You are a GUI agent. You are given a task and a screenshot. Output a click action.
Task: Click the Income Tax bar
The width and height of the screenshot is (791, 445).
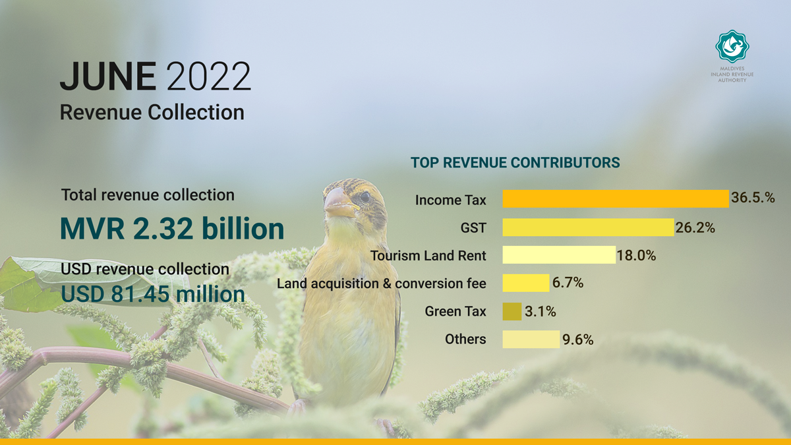click(x=616, y=198)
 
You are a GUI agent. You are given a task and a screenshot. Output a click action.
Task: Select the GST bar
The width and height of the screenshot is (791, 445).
click(x=588, y=227)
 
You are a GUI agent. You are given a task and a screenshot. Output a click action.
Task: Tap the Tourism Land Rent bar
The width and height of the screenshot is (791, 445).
click(x=559, y=254)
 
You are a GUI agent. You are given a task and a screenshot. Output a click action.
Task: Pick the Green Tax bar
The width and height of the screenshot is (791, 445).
click(x=512, y=311)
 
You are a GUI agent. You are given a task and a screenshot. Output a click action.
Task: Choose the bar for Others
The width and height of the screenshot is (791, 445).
click(x=531, y=339)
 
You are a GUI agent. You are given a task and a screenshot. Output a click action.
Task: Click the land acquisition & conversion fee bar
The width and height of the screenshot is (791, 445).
click(x=526, y=283)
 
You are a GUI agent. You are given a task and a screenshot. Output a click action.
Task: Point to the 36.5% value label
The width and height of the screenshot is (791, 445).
click(x=753, y=197)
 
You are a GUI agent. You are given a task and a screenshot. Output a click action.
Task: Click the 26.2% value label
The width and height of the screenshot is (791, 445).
click(x=695, y=228)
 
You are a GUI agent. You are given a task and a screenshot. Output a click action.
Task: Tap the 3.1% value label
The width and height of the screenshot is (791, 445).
click(x=541, y=311)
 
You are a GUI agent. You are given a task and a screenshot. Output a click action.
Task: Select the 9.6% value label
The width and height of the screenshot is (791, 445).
click(x=577, y=340)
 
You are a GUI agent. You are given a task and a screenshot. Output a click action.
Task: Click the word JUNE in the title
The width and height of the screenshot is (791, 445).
click(x=107, y=76)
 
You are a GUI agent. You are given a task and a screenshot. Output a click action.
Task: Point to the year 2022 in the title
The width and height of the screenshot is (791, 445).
click(x=208, y=76)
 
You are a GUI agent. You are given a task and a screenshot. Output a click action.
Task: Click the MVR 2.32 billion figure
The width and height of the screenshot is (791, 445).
click(x=172, y=229)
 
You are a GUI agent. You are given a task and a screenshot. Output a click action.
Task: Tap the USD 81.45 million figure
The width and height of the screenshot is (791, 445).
click(x=152, y=294)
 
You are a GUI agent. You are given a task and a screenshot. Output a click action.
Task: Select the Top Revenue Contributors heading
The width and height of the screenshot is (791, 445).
click(x=515, y=163)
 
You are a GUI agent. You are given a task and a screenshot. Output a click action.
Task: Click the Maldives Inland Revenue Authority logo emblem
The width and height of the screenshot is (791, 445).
click(x=732, y=46)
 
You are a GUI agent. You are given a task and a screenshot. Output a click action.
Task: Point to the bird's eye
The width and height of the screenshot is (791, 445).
click(x=365, y=196)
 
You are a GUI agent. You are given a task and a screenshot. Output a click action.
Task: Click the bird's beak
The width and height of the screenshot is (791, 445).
click(x=338, y=202)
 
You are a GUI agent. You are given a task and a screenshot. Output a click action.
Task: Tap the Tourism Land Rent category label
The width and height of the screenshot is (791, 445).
click(x=428, y=255)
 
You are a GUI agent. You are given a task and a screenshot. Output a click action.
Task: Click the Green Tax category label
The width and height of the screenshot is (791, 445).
click(x=455, y=311)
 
